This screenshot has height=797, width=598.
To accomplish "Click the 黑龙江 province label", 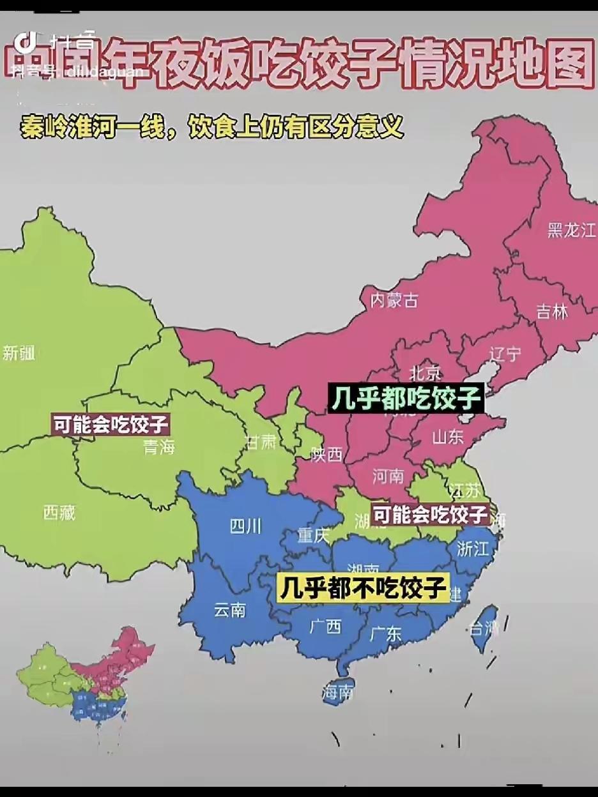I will click(x=571, y=231).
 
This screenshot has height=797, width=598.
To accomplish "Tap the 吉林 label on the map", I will click(x=551, y=312).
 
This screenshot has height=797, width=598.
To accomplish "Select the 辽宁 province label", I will click(x=505, y=354).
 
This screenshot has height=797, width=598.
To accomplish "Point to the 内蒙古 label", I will click(x=394, y=300).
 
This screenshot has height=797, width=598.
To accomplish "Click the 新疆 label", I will click(x=19, y=353).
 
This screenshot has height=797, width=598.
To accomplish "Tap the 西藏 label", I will click(x=59, y=512).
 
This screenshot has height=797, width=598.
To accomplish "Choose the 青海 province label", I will click(x=159, y=448).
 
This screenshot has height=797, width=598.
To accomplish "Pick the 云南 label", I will click(x=229, y=610).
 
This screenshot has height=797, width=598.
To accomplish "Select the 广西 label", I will click(x=325, y=626).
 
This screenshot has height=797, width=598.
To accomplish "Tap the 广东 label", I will click(x=385, y=633).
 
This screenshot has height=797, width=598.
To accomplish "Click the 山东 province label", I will click(x=447, y=437).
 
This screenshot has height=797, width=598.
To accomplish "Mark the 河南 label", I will click(x=388, y=476).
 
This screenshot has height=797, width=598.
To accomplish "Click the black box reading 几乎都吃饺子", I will click(x=405, y=398).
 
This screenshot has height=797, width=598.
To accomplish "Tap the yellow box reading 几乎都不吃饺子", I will click(x=363, y=588).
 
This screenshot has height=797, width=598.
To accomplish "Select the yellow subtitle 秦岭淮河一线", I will click(x=106, y=126).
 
